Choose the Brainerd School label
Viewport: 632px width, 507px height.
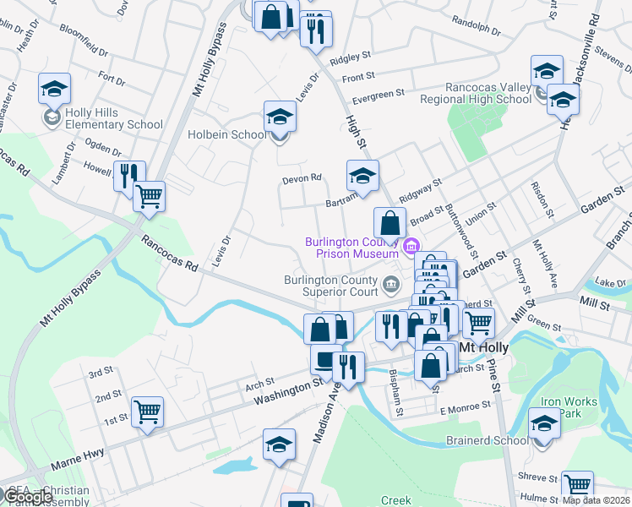click(x=487, y=440)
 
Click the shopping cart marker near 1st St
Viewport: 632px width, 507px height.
click(x=147, y=412)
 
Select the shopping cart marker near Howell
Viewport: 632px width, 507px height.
click(x=149, y=196)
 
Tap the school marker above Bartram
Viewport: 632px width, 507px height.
click(x=362, y=175)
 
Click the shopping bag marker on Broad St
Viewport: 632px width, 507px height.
click(x=390, y=223)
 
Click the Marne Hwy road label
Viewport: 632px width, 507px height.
click(x=77, y=453)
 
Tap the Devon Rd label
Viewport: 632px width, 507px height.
click(x=303, y=178)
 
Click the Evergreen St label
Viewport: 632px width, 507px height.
click(x=379, y=96)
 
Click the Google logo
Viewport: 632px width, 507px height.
click(x=27, y=497)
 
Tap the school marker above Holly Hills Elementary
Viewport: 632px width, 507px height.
click(x=54, y=88)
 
